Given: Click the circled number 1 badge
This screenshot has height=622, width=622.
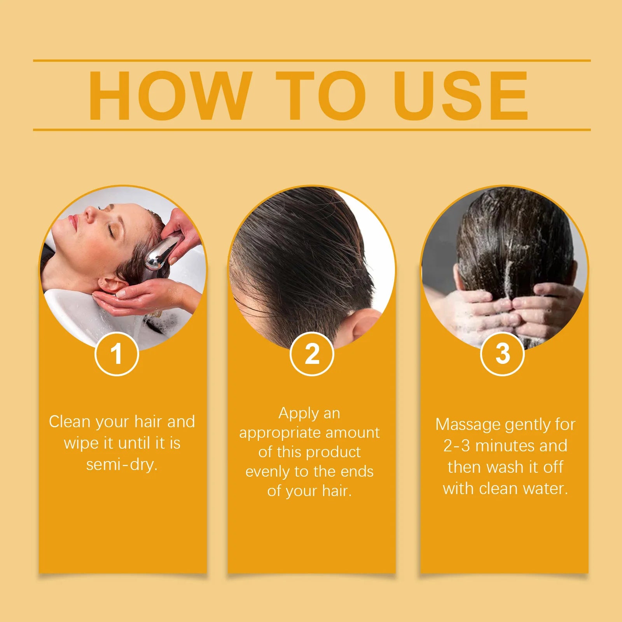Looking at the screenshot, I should tap(117, 354).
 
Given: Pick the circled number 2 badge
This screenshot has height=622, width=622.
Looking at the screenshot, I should tap(312, 354).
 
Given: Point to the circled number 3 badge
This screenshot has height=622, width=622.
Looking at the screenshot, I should tap(502, 354).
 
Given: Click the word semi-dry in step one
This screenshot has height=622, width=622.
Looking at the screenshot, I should tap(122, 465).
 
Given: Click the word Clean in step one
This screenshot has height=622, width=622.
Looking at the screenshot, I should tap(70, 422).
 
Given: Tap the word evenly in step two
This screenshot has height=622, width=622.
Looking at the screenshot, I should tap(268, 472).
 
